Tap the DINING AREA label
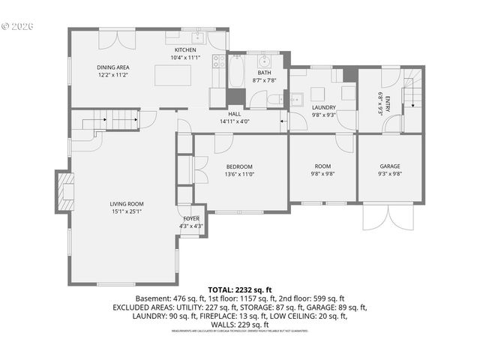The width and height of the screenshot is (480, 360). pos(113,67)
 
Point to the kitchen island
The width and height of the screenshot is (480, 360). pos(172,76)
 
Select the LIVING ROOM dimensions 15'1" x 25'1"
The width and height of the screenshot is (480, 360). pos(126,211)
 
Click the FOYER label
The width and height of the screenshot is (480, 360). pos(191,218)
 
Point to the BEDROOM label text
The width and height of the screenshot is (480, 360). pos(239,166)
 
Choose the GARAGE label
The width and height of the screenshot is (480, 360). pos(389,166)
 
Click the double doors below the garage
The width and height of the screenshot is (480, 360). pos(389,217)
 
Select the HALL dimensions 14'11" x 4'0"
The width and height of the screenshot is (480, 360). pos(234,121)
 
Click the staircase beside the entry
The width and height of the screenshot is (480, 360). pos(414,94)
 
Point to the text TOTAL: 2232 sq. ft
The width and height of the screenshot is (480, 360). pos(239,289)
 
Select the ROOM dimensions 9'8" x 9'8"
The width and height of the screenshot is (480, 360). pos(323,173)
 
